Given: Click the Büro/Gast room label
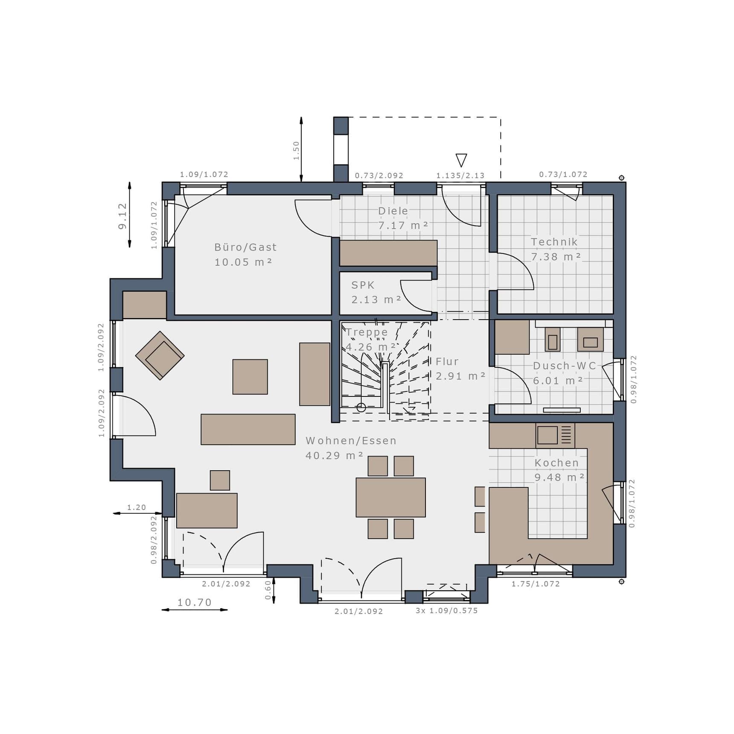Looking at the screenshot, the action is coord(245,247).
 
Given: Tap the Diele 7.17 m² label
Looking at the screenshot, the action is coord(403,218).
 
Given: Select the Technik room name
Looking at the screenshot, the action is coord(554,242).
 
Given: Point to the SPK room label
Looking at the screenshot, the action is coord(363,285).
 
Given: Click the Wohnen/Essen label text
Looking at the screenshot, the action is coord(351,440).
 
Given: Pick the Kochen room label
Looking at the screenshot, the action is coord(556,463).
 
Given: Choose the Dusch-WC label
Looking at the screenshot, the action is coord(564,366).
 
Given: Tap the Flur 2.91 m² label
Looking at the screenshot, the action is coord(460,369).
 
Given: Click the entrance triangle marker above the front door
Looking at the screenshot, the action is coord(461,160).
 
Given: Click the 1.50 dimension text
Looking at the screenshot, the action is coord(296,151).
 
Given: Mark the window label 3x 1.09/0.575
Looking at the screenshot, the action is coord(446,611).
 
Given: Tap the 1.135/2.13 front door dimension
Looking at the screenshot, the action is coord(460,175).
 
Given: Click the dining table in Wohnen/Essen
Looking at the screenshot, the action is coord(390,497).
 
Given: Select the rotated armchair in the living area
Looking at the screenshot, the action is coord(160,355).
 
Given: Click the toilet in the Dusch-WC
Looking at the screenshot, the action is coord(552,340).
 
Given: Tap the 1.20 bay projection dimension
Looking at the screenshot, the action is coord(137,507).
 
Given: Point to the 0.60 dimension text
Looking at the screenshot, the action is coord(268,590).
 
